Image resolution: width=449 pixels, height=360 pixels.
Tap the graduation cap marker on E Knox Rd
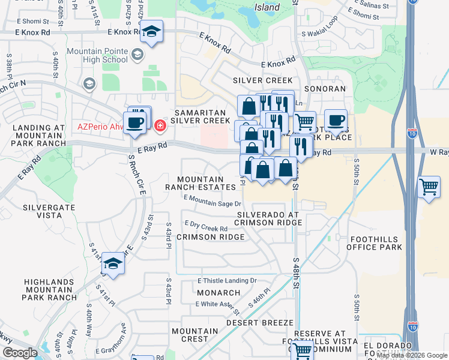point(151,32)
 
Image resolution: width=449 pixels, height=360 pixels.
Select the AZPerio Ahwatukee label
point(99,127)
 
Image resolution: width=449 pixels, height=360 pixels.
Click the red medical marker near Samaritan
point(160,125)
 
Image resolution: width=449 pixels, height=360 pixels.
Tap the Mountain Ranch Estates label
point(201,183)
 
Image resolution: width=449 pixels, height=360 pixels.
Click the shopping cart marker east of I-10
point(429,188)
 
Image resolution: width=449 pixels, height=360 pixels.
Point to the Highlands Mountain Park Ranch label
point(50,289)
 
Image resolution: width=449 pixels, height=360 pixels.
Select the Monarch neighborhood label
point(214,293)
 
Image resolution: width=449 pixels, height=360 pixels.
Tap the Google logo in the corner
point(19,353)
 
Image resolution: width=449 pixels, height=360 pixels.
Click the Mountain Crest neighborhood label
point(194,335)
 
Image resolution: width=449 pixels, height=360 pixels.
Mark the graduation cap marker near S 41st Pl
point(113,263)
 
